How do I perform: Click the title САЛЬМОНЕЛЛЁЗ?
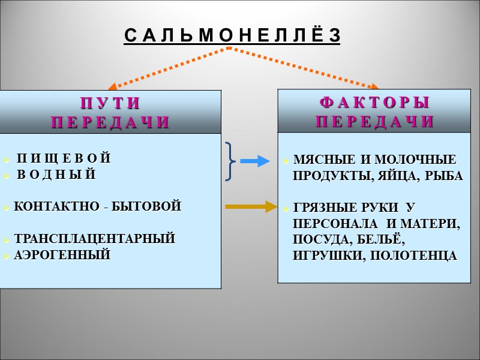[232, 37]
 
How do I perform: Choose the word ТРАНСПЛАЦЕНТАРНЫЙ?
[95, 238]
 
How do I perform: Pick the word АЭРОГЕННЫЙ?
[62, 255]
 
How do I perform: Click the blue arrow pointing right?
[253, 161]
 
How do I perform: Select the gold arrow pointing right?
[248, 207]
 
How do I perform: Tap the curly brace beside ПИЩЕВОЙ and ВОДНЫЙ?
[231, 161]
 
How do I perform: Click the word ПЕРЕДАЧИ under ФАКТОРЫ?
[374, 121]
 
